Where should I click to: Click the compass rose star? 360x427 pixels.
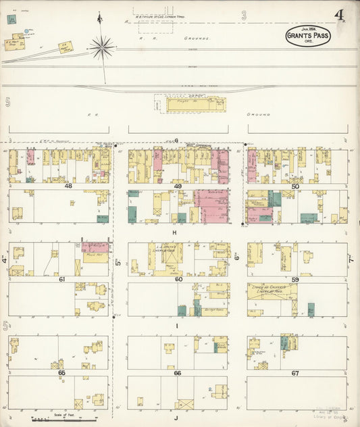click(103, 47)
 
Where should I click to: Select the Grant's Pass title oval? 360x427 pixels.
click(308, 36)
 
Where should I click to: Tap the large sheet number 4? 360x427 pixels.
click(338, 16)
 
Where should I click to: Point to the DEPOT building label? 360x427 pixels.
click(196, 97)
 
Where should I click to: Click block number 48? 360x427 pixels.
click(68, 186)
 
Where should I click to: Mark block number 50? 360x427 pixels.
click(295, 186)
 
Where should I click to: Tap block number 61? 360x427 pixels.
click(61, 278)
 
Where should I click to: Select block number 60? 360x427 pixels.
click(178, 278)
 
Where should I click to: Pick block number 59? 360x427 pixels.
click(295, 278)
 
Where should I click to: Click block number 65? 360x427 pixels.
click(61, 372)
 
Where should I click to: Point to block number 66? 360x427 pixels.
click(178, 372)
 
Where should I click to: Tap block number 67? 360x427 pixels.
click(295, 372)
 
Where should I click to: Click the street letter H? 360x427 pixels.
click(174, 232)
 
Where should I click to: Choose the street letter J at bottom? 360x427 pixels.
click(176, 418)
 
